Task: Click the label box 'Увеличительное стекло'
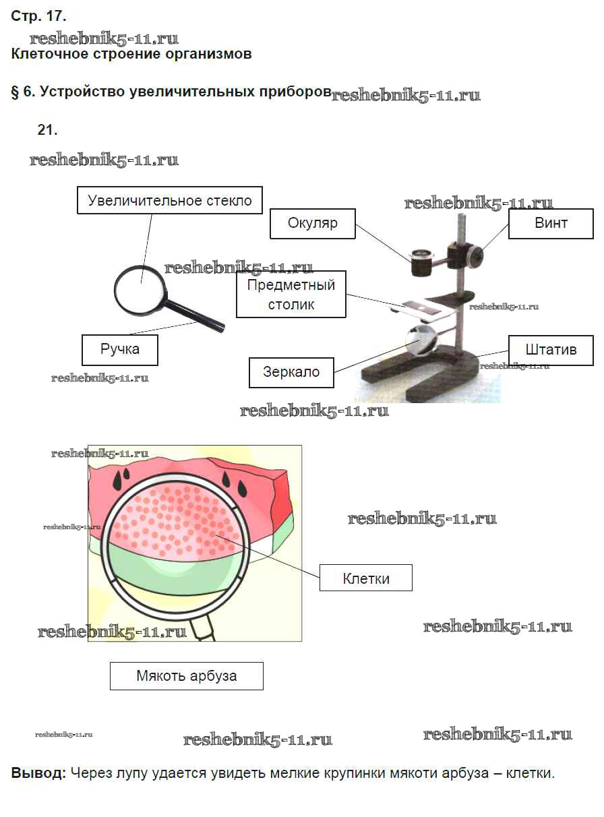[170, 201]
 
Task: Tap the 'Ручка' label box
[120, 350]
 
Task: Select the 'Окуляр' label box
[312, 223]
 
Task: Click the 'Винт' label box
[551, 223]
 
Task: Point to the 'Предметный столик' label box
[291, 295]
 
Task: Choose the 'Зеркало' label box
[291, 372]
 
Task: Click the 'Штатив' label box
[551, 351]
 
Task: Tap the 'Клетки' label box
[365, 578]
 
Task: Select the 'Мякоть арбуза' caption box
[186, 675]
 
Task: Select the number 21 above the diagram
[47, 130]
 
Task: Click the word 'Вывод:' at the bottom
[38, 773]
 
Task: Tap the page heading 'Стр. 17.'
[38, 16]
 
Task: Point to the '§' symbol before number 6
[16, 92]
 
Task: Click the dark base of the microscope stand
[431, 374]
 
